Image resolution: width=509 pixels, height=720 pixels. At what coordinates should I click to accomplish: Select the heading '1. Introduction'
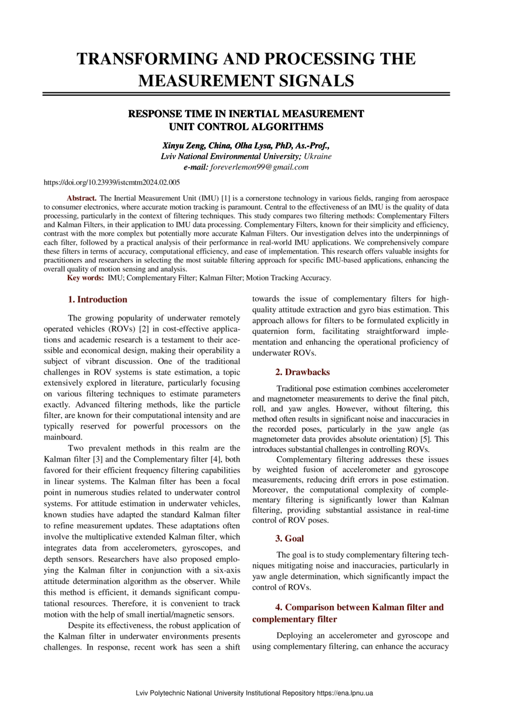tap(98, 300)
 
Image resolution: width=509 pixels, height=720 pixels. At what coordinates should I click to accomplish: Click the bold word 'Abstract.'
tap(82, 199)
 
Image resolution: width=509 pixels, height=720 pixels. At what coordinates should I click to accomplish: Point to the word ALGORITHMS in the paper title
tap(281, 126)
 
